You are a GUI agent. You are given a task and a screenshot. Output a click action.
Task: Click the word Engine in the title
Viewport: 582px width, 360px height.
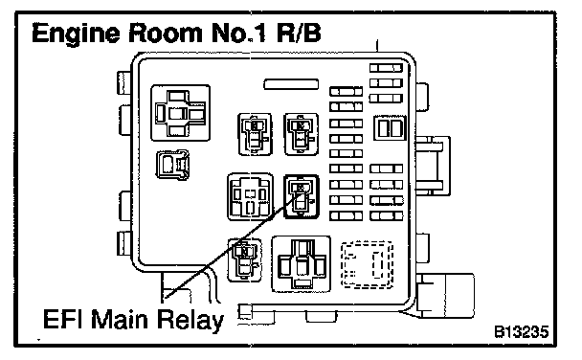(76, 34)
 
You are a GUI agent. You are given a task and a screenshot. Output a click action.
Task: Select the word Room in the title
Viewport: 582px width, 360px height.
(166, 33)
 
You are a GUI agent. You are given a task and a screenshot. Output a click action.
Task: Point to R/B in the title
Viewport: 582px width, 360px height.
(298, 33)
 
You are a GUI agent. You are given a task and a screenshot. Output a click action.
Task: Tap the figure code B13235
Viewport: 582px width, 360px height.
(521, 331)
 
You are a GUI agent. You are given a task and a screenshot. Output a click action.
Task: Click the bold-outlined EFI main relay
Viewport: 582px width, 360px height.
(301, 196)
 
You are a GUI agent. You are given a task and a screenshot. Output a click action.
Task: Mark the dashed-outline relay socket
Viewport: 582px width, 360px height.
(367, 264)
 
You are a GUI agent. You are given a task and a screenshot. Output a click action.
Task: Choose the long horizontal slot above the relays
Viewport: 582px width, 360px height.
(291, 84)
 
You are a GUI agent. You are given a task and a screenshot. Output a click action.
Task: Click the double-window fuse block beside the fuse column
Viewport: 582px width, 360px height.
(390, 128)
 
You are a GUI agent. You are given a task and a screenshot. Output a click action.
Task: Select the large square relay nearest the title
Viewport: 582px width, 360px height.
(180, 113)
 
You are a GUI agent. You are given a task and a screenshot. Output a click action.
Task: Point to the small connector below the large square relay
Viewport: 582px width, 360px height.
(172, 165)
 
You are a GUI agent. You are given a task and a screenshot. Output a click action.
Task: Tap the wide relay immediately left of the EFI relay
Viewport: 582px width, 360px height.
(250, 196)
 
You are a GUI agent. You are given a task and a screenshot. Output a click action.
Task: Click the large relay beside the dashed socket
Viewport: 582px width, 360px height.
(301, 264)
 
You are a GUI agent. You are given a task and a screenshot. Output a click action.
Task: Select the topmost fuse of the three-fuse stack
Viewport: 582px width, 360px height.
(386, 68)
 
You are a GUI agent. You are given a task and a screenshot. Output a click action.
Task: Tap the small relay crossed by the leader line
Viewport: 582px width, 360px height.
(245, 260)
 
